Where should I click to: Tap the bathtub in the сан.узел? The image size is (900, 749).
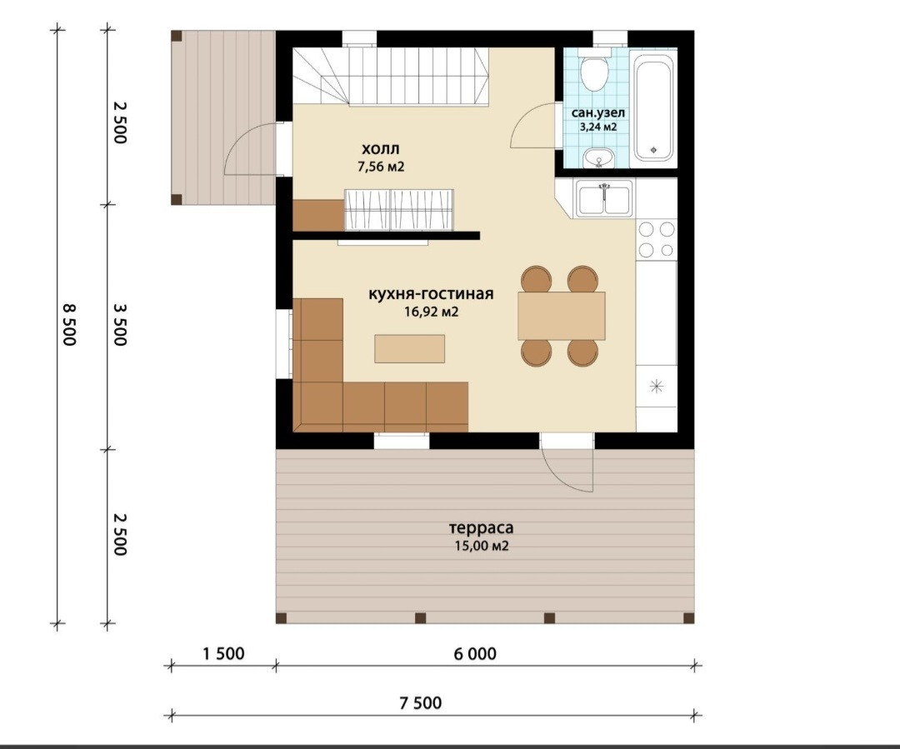tap(653, 106)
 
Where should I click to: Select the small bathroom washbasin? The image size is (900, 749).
tap(598, 157)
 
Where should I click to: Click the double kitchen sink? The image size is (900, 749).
tap(604, 198)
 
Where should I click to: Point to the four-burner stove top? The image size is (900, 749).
tap(657, 240)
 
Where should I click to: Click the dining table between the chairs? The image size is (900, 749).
tap(562, 316)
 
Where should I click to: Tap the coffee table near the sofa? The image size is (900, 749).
tap(409, 348)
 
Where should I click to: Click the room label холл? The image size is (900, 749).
tap(381, 149)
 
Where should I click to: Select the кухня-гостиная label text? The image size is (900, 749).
tap(431, 294)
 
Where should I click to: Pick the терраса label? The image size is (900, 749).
tap(481, 527)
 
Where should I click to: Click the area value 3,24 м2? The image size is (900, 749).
tap(598, 127)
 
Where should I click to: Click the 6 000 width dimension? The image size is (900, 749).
tap(475, 654)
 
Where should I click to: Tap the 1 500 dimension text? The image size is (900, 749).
tap(223, 654)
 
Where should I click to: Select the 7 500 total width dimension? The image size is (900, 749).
tap(421, 703)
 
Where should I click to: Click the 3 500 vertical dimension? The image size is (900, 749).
tap(119, 325)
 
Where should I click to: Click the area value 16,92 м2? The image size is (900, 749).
tap(431, 312)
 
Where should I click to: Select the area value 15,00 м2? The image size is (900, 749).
tap(482, 546)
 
